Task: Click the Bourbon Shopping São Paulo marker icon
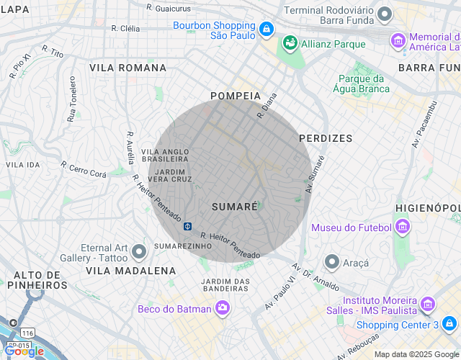tap(267, 30)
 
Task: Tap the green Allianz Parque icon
tap(290, 44)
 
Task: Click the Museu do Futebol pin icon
tap(403, 228)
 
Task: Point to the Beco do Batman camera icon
tap(223, 309)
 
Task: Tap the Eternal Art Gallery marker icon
tap(140, 251)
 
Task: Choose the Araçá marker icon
tap(332, 261)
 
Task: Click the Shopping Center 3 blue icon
tap(450, 324)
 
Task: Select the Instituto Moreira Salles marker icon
tap(427, 305)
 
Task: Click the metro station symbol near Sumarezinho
tap(187, 226)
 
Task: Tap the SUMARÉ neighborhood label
tap(235, 207)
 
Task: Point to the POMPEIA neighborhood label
tap(235, 96)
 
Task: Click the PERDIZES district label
tap(326, 138)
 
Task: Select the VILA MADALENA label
tap(130, 271)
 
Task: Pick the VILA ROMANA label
tap(127, 68)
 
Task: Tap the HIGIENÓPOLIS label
tap(428, 208)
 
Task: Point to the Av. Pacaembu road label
tap(424, 125)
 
